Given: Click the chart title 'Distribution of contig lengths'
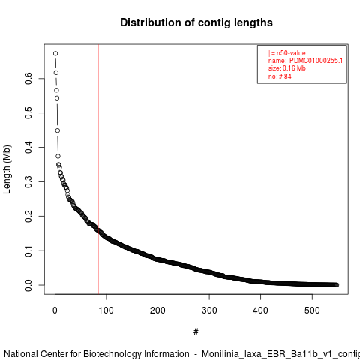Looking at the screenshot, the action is (x=196, y=22).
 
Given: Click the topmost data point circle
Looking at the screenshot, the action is (x=55, y=53).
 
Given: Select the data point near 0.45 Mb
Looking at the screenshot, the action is (x=58, y=130).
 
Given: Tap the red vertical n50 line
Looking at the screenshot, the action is (x=98, y=169).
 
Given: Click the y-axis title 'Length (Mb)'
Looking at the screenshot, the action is (x=7, y=169).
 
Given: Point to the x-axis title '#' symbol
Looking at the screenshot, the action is (x=196, y=331).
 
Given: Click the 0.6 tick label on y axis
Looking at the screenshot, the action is (x=28, y=78).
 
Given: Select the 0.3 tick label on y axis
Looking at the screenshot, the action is (x=28, y=181).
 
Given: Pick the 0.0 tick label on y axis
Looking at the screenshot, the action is (x=28, y=285).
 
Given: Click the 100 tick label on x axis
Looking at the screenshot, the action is (x=106, y=310).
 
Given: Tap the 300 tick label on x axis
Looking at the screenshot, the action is (x=209, y=310).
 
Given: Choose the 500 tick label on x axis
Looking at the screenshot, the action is (x=312, y=310).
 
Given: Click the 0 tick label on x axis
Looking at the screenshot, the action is (x=55, y=310).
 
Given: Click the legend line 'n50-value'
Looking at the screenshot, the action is (x=287, y=53).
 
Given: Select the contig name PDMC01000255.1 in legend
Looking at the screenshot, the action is (x=316, y=61).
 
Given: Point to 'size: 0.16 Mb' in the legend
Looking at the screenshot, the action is (x=287, y=68).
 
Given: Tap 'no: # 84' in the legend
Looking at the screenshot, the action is (x=280, y=76).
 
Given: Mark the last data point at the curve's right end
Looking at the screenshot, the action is (x=337, y=285).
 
